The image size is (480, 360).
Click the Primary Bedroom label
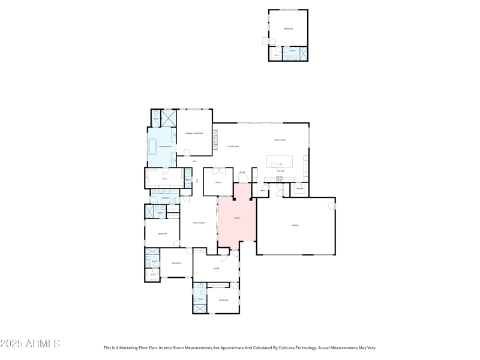pos(194,133)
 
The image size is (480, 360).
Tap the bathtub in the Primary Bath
pos(152,146)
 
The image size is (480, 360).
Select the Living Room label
pos(233,146)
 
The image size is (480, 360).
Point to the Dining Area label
pos(280,140)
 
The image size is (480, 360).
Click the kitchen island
pos(280,162)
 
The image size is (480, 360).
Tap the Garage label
pos(295,226)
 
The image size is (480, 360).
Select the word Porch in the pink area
pos(236,218)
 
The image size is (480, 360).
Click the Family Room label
pos(198,223)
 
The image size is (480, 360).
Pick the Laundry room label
pos(164,198)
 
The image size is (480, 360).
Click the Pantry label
pos(299,188)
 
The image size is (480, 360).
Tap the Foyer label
pos(242,173)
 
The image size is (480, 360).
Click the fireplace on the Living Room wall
pos(214,140)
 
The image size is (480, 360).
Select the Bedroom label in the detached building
pos(288,29)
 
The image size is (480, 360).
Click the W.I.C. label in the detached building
pos(277,55)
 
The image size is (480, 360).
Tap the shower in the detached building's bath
pos(303,53)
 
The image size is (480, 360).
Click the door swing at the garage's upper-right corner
pos(331,206)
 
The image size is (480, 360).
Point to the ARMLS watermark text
pos(30,344)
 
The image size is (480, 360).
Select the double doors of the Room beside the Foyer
pos(218,171)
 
